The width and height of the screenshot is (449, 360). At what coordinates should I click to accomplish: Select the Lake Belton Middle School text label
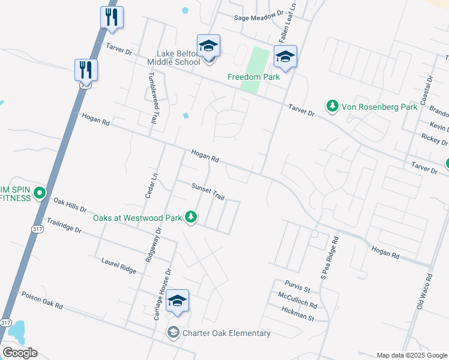pyautogui.click(x=178, y=57)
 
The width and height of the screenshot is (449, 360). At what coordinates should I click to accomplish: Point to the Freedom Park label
pyautogui.click(x=254, y=77)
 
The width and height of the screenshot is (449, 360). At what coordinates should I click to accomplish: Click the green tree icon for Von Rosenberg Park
pyautogui.click(x=331, y=107)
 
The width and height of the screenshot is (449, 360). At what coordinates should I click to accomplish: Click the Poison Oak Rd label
pyautogui.click(x=42, y=301)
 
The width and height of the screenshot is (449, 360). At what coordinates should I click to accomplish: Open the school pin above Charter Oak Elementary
pyautogui.click(x=177, y=302)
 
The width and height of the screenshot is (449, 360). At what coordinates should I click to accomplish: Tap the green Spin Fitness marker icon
pyautogui.click(x=40, y=193)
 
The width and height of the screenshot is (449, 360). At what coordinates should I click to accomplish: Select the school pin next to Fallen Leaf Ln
pyautogui.click(x=285, y=58)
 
